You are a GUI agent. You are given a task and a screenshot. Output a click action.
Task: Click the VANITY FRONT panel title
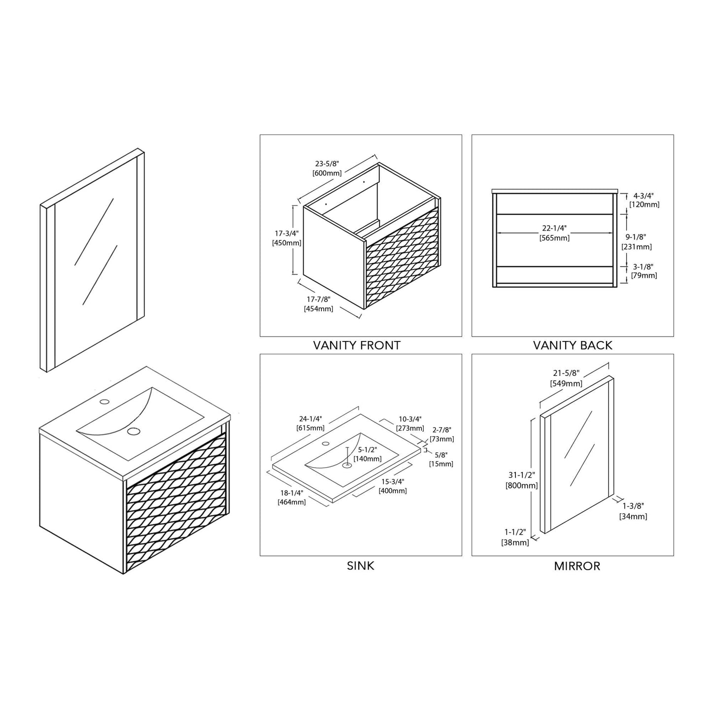[x=357, y=345]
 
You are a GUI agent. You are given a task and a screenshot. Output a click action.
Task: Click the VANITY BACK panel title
[x=573, y=345]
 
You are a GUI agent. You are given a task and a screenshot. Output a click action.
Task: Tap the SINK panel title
[x=361, y=566]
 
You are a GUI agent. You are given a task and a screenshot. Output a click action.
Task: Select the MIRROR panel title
[x=577, y=566]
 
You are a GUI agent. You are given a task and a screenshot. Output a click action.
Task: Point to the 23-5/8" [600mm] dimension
[x=327, y=168]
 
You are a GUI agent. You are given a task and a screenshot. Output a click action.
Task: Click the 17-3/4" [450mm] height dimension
[x=287, y=238]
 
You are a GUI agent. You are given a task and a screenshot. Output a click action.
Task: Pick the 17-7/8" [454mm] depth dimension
[x=318, y=304]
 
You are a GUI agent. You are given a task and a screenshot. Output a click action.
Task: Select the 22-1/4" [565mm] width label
[x=554, y=233]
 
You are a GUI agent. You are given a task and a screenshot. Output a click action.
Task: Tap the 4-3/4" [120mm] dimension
[x=644, y=200]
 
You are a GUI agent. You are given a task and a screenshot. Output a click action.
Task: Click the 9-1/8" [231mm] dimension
[x=636, y=241]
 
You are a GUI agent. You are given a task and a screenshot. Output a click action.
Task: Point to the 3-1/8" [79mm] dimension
[x=644, y=271]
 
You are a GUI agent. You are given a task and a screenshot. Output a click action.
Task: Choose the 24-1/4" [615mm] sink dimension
[x=310, y=423]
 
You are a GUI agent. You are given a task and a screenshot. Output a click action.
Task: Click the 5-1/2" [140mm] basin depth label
[x=367, y=454]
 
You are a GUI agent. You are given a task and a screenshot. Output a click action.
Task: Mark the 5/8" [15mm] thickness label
[x=441, y=459]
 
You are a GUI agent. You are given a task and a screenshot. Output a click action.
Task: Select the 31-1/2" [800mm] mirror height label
[x=522, y=480]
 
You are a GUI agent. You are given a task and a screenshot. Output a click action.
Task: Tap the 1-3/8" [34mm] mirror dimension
[x=633, y=511]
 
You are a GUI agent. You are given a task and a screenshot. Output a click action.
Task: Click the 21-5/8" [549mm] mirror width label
[x=567, y=378]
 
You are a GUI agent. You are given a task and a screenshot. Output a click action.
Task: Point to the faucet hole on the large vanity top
[x=104, y=401]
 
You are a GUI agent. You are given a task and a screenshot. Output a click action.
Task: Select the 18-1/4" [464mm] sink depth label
[x=292, y=497]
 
